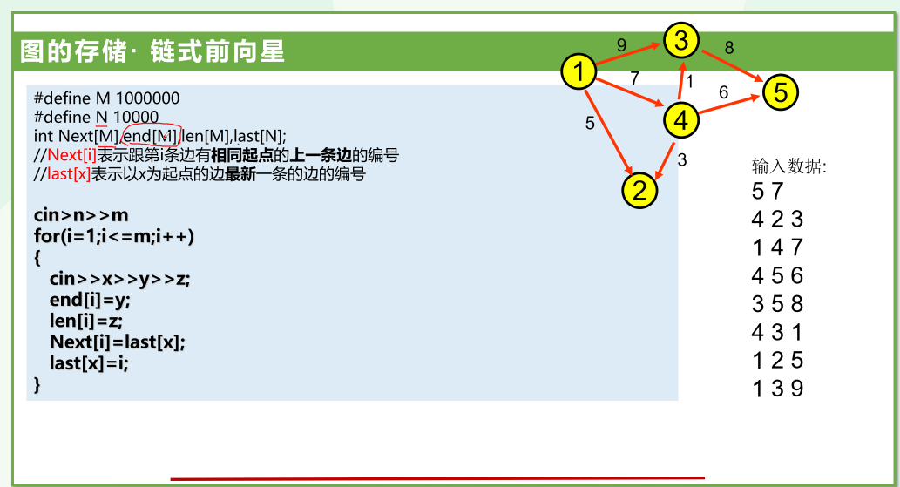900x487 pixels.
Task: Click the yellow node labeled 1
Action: [x=579, y=72]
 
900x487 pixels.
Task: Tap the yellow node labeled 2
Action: [x=639, y=190]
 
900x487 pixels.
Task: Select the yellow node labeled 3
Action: [x=681, y=39]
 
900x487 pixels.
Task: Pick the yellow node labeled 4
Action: [x=680, y=120]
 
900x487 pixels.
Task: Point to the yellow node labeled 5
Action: [x=781, y=91]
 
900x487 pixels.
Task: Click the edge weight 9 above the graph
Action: [x=621, y=44]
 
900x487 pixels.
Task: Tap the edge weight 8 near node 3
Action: [x=729, y=48]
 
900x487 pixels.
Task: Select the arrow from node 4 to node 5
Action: [x=730, y=105]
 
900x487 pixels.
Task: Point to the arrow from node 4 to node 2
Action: [x=664, y=159]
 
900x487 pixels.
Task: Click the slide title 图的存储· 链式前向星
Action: [x=152, y=52]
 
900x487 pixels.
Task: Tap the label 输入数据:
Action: [x=789, y=166]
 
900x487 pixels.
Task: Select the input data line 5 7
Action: [x=768, y=191]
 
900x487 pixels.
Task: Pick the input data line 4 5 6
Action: [x=777, y=276]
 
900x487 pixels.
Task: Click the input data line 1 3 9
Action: [x=777, y=389]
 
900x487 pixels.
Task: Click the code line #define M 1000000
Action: [x=106, y=98]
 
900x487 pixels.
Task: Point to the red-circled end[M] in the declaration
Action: [x=150, y=136]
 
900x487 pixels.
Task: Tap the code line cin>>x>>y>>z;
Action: [x=119, y=279]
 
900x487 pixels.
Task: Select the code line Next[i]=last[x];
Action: [x=118, y=342]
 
